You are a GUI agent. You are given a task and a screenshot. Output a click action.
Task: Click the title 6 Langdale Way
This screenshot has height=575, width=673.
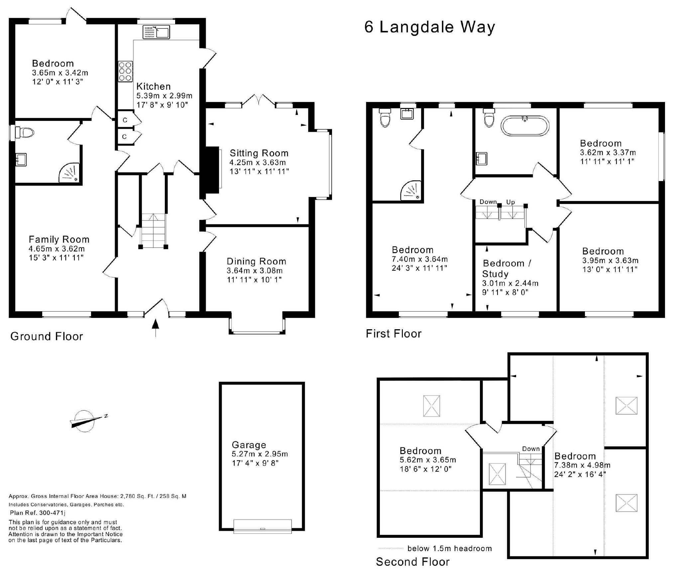[430, 27]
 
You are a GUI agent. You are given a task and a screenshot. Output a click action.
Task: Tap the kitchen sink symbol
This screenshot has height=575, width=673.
[156, 32]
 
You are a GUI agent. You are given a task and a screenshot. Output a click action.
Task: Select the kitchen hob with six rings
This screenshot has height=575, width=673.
[125, 71]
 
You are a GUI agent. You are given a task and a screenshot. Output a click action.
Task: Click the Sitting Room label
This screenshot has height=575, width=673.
[259, 153]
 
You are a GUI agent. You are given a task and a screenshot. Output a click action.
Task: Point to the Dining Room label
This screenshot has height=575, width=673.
[256, 261]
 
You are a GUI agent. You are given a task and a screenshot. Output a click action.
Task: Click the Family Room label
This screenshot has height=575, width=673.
[59, 240]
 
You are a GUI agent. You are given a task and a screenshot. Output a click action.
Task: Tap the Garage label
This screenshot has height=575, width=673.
[249, 445]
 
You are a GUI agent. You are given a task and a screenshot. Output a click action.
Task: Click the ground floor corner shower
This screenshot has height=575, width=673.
[69, 172]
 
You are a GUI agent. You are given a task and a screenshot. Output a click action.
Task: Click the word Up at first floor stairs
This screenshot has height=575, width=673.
[510, 202]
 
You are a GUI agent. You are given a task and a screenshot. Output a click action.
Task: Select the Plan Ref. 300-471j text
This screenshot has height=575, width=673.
[38, 513]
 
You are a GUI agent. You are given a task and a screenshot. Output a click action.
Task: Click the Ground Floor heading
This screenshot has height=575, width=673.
[47, 336]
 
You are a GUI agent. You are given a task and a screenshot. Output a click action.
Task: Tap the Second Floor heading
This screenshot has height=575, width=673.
[413, 562]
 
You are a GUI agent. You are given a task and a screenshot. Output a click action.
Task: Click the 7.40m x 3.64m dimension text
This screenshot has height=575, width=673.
[420, 259]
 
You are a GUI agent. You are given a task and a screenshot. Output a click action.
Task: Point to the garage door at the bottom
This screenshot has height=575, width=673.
[263, 527]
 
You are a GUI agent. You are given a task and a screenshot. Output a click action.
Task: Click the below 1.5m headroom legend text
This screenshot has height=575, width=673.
[450, 548]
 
